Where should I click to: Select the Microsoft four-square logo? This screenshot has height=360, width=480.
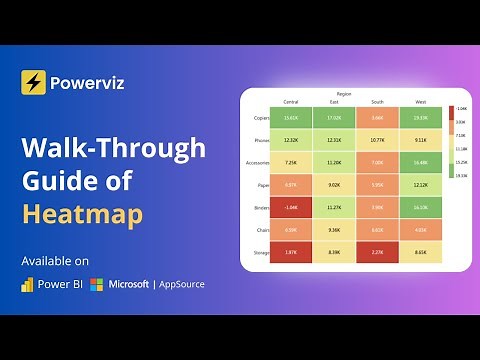[x=96, y=285]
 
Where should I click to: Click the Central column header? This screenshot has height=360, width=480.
[x=291, y=101]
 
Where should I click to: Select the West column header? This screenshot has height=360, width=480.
[x=420, y=101]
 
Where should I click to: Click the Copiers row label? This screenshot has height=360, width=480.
[x=261, y=118]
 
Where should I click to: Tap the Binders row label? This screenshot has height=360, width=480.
[x=261, y=207]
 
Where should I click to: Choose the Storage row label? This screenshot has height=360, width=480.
[x=261, y=252]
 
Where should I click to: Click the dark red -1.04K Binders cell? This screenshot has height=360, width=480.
[x=291, y=207]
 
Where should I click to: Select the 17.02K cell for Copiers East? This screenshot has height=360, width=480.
[x=334, y=118]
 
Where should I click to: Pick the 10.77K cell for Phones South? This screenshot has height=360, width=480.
[x=377, y=140]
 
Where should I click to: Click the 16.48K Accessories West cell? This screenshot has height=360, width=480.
[x=420, y=162]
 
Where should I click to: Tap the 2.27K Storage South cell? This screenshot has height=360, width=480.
[x=377, y=252]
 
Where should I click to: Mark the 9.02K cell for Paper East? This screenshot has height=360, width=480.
[x=334, y=185]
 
